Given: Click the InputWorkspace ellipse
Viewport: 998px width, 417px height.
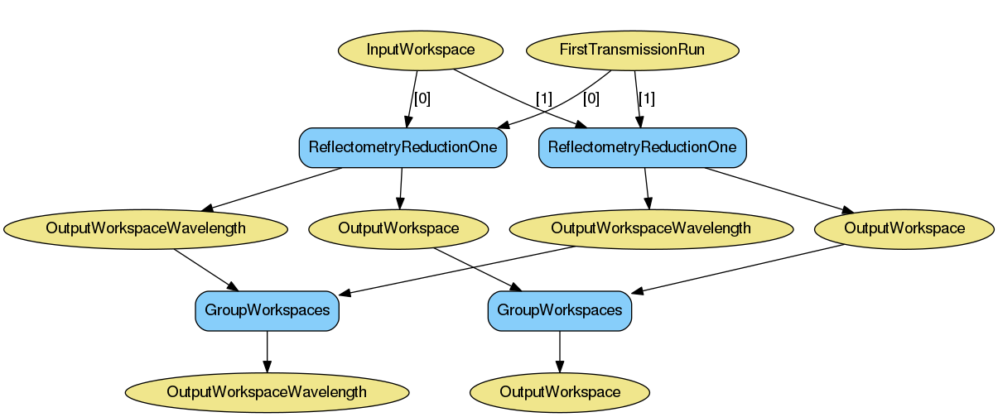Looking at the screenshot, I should click(421, 50).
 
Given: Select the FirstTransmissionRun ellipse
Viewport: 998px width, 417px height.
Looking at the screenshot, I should click(632, 50).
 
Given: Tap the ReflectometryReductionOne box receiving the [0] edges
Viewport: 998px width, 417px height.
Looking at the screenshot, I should click(403, 148).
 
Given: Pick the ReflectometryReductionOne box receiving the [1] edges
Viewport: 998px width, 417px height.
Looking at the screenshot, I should click(643, 148).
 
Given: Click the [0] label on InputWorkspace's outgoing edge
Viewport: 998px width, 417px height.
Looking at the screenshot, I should click(422, 98).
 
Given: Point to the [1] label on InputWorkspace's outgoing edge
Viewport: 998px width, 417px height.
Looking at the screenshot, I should click(543, 98).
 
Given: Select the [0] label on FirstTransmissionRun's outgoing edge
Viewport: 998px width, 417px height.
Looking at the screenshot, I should click(591, 98).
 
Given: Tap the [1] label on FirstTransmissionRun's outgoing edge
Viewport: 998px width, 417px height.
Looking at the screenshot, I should click(646, 98).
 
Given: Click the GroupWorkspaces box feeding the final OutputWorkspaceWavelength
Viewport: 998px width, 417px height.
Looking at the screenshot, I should click(267, 310).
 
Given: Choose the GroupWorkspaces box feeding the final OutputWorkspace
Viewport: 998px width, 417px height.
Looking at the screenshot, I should click(560, 310).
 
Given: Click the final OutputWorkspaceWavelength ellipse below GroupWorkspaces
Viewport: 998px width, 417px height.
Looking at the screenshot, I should click(267, 391).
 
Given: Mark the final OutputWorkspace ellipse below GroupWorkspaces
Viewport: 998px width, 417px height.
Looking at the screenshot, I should click(560, 391).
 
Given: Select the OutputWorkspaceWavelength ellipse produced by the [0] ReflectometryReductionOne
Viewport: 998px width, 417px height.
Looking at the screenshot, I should click(146, 228).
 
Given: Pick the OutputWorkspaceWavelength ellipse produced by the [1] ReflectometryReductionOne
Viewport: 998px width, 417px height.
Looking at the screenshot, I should click(651, 228).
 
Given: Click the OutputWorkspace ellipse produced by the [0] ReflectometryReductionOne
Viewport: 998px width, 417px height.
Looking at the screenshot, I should click(398, 228).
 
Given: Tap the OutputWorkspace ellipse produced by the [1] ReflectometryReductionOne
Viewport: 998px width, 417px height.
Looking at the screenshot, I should click(904, 228).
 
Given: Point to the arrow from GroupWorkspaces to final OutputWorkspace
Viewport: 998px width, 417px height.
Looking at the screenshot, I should click(560, 352).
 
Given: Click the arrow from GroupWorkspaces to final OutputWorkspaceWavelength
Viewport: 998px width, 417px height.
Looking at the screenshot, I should click(267, 352).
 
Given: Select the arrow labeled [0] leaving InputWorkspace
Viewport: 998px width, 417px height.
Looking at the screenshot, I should click(412, 98).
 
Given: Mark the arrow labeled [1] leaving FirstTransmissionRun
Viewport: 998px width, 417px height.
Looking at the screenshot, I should click(637, 98).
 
